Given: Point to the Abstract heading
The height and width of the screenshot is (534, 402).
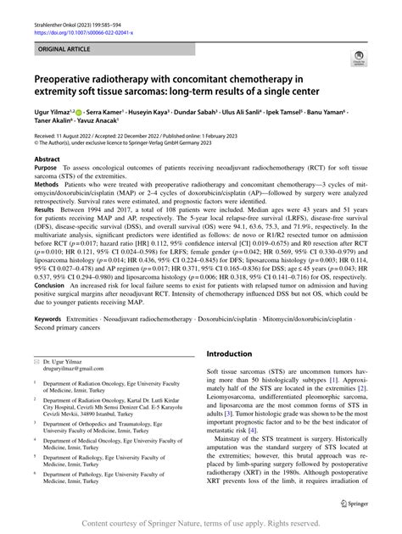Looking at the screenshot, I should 47,182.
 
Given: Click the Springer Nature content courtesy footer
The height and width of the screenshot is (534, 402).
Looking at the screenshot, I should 201,525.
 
